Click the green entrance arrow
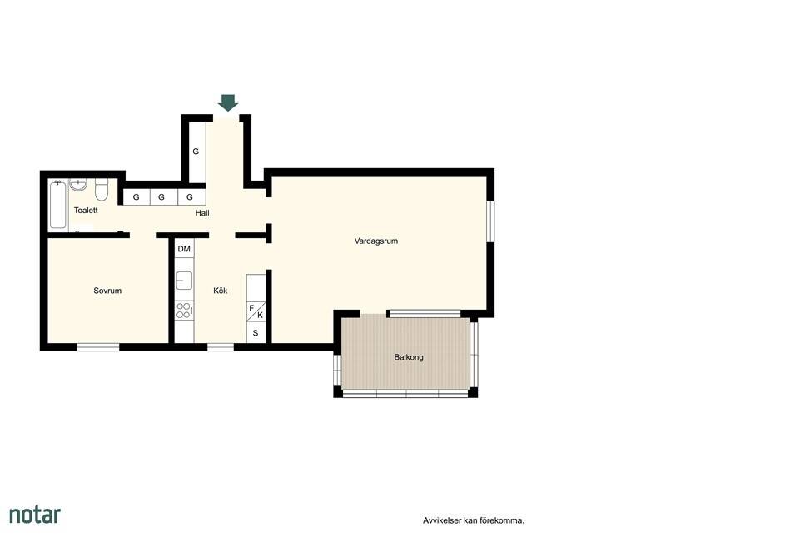[227, 102]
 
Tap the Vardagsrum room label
[376, 241]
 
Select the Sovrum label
[107, 291]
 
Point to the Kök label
[221, 291]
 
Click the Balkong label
[409, 357]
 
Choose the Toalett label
[86, 211]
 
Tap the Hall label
[202, 213]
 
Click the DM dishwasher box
[184, 249]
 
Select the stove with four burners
[184, 311]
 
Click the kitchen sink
[184, 281]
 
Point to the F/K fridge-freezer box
[256, 311]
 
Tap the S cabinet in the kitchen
[256, 333]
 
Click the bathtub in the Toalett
[58, 205]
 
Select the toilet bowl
[101, 190]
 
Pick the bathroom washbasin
[78, 184]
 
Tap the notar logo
[35, 515]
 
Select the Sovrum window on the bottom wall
[98, 347]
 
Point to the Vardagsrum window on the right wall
[490, 221]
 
